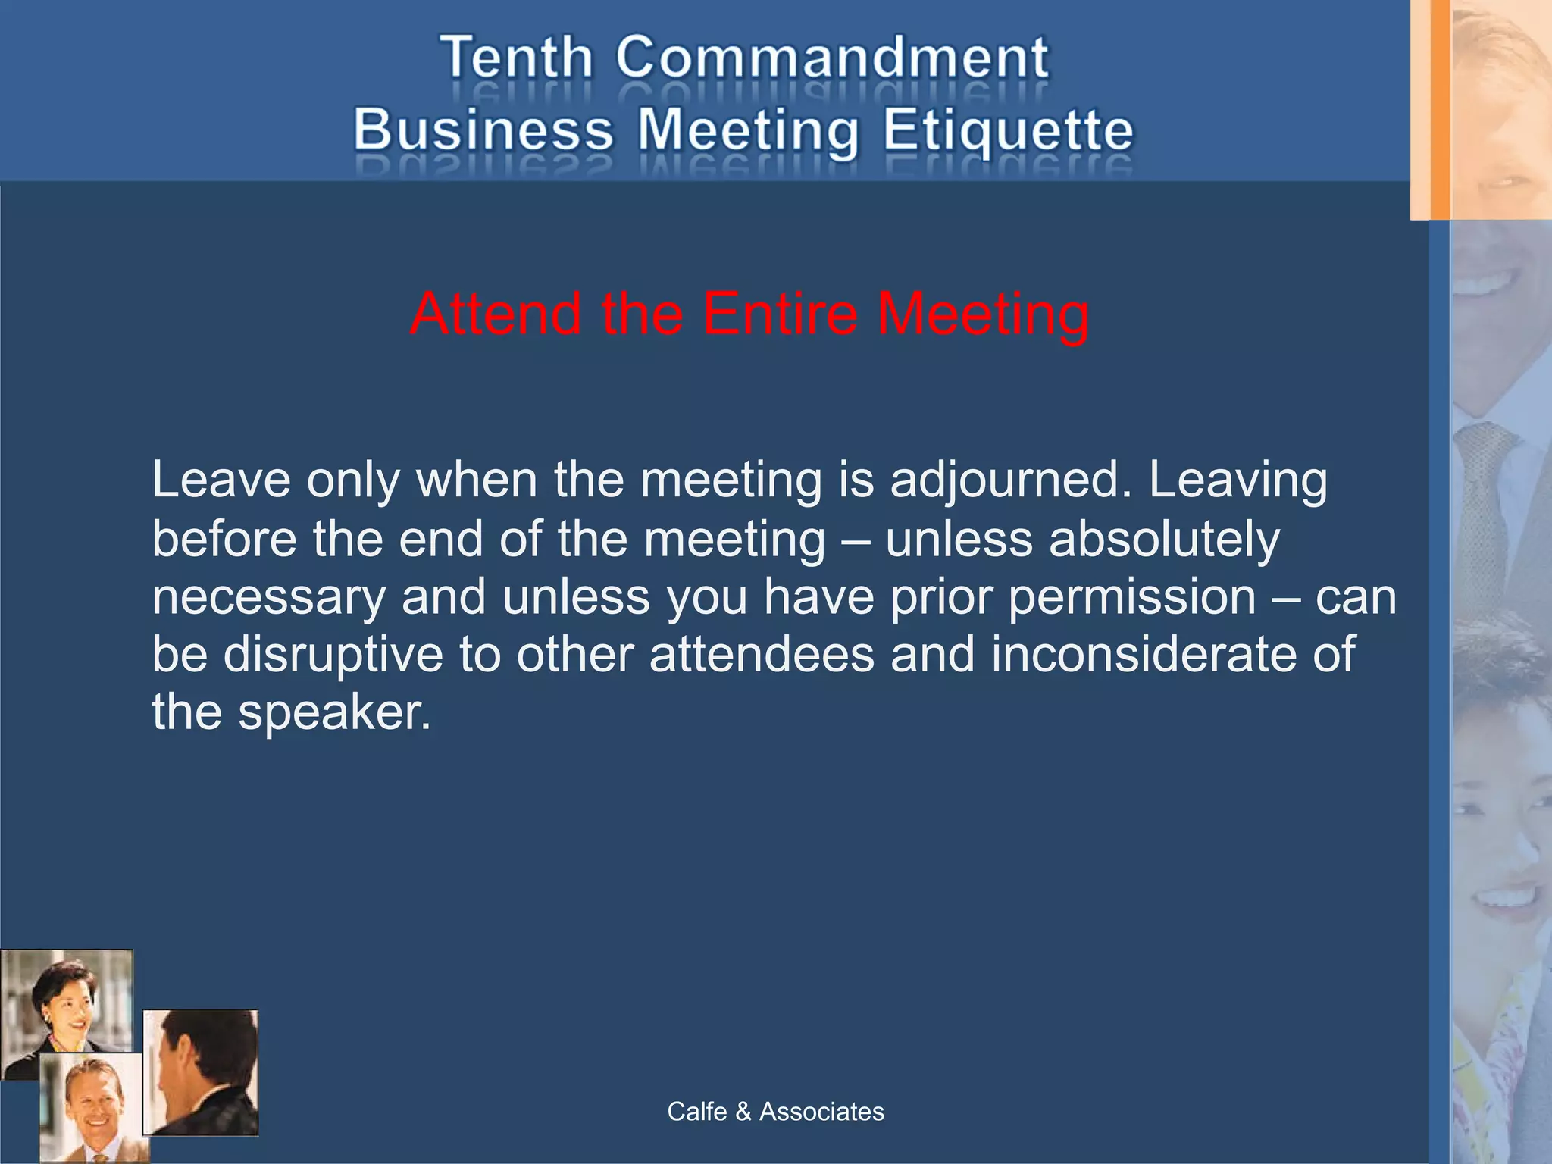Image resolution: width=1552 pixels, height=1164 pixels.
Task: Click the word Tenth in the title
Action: tap(517, 58)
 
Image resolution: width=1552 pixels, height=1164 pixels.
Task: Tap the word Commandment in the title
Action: tap(832, 58)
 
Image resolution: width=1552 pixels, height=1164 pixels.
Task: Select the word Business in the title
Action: tap(483, 130)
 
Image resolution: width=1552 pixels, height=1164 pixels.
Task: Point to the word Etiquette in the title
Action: tap(1008, 131)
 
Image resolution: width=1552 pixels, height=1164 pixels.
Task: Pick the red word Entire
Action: tap(780, 314)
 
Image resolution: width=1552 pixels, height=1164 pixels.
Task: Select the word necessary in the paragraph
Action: tap(269, 597)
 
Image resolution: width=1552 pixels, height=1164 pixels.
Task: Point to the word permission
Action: tap(1132, 597)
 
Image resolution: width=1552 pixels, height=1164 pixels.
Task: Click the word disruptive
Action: tap(333, 654)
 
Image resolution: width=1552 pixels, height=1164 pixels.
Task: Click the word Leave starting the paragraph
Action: tap(221, 480)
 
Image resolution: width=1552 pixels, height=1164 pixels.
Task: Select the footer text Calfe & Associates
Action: tap(775, 1112)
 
